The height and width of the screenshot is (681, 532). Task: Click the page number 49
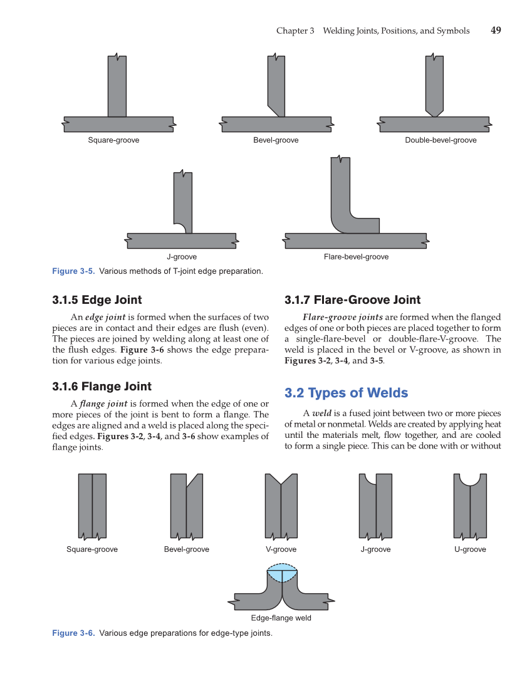tap(496, 31)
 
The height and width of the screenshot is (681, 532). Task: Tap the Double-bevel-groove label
tap(441, 140)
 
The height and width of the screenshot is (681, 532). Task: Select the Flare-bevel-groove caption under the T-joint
tap(356, 257)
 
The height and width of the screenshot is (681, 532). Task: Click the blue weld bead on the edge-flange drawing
tap(282, 573)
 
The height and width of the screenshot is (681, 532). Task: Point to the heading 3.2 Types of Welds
tap(346, 393)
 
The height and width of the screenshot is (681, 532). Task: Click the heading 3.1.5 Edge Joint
tap(97, 299)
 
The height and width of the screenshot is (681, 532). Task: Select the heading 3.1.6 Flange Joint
tap(102, 386)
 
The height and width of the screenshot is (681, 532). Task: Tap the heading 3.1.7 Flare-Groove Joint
tap(352, 299)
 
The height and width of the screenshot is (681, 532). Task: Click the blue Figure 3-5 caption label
tap(73, 271)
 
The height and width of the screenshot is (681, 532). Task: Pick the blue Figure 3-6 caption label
tap(73, 633)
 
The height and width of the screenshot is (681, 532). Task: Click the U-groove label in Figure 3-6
tap(470, 549)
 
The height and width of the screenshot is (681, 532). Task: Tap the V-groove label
tap(281, 549)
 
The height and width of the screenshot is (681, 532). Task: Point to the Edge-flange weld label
tap(281, 618)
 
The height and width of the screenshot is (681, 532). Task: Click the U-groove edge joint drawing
tap(470, 506)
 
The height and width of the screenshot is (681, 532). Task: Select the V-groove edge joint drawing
tap(281, 506)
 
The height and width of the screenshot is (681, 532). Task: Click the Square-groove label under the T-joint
tap(113, 140)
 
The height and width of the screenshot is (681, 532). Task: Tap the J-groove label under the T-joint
tap(182, 257)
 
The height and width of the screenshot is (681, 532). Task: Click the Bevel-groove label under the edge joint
tap(186, 549)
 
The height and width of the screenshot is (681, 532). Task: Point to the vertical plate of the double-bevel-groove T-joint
tap(434, 85)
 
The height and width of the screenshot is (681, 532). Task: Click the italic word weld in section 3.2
tap(322, 413)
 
